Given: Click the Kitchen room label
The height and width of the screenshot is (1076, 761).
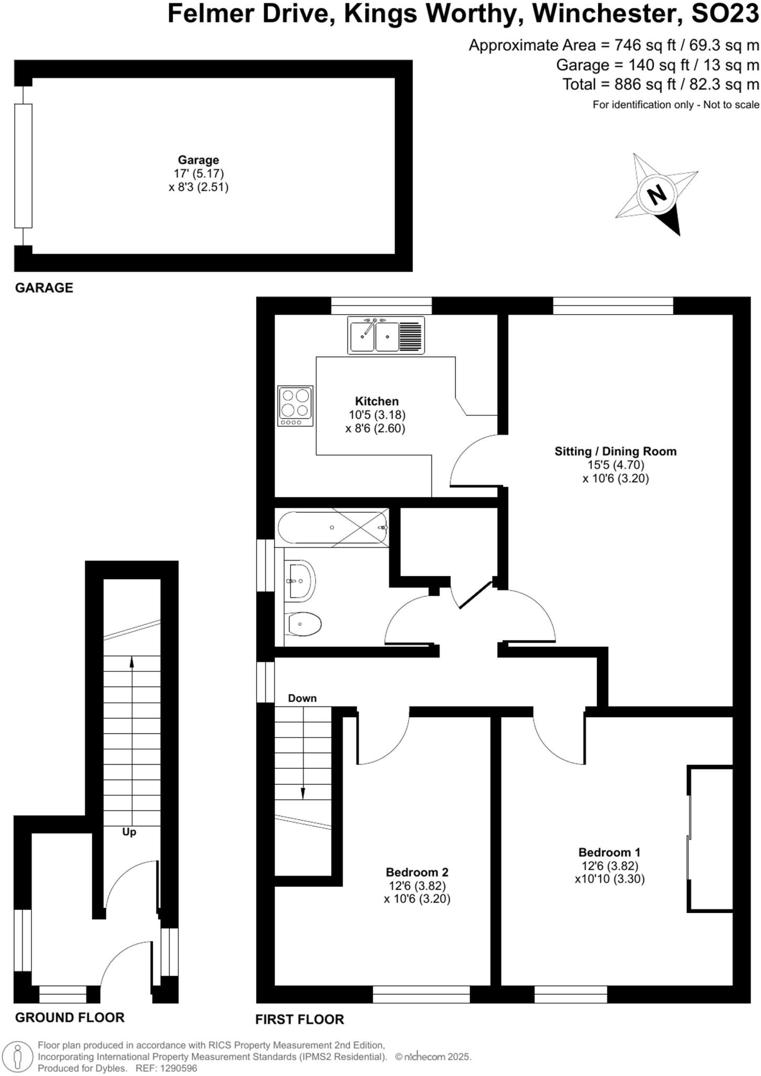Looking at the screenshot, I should point(377,401).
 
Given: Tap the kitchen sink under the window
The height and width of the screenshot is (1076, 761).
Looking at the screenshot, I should point(386,335).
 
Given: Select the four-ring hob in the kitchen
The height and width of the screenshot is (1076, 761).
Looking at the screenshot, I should point(295,406).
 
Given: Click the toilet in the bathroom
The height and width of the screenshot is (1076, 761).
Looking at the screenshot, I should point(305,624).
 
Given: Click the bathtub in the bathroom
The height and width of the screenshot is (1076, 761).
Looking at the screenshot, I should point(332,527).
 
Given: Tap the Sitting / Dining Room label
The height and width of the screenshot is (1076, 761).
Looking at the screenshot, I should point(616,451).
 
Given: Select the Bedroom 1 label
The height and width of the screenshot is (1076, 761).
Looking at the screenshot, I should point(609,852).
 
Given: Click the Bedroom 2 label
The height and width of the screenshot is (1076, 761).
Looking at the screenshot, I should point(417,872).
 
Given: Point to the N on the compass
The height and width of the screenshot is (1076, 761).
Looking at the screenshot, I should point(656,195).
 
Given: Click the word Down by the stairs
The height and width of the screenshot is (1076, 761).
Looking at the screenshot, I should point(303,698).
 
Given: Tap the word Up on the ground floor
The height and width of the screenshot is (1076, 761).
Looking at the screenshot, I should point(129,832).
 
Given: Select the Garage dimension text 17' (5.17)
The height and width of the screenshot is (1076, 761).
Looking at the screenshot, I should point(199,173).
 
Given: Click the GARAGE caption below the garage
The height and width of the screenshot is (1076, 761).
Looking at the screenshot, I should point(44,288).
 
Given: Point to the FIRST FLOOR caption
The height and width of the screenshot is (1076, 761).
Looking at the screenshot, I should point(299,1020).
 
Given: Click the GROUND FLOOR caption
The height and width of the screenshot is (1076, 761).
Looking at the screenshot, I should point(70,1018).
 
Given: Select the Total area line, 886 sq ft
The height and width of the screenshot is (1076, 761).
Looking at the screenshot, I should point(661,85).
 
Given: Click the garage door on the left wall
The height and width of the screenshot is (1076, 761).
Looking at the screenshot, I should point(23,165).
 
